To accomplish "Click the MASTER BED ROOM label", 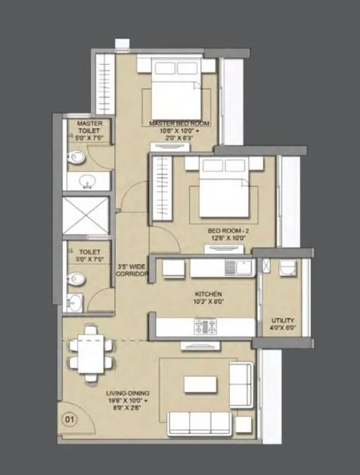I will (x=180, y=123).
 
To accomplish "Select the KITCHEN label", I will (x=208, y=293).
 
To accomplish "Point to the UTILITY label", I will (x=282, y=320).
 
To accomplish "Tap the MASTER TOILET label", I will (x=88, y=128).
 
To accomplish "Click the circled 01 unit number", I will (x=68, y=419).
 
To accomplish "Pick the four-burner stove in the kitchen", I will (x=205, y=326).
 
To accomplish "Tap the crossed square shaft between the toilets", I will (x=88, y=216).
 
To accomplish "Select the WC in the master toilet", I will (x=76, y=157).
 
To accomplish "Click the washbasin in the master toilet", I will (x=87, y=181).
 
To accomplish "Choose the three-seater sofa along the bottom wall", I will (x=200, y=421).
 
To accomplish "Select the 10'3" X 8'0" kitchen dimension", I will (x=208, y=302).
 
